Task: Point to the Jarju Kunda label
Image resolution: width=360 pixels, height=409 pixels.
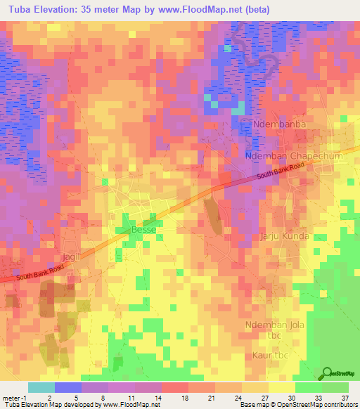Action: (285, 236)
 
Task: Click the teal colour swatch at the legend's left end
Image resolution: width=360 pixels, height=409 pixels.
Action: (41, 387)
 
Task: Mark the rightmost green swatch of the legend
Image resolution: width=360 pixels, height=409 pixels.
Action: (335, 387)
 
